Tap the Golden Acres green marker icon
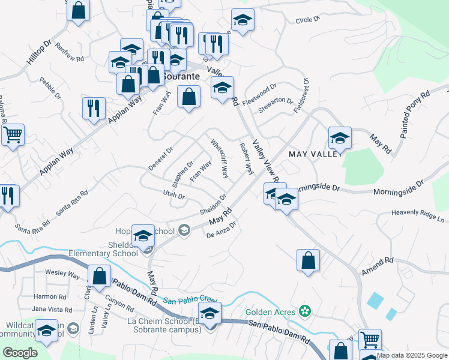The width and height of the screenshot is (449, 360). [306, 311]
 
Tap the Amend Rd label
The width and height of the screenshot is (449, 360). [377, 266]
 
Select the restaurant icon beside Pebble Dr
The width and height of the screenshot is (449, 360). [94, 108]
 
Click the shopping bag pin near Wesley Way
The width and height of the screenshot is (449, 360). [100, 276]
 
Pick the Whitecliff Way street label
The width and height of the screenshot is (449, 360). [219, 159]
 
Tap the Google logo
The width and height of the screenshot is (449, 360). [20, 353]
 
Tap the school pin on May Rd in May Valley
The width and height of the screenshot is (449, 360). [340, 138]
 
